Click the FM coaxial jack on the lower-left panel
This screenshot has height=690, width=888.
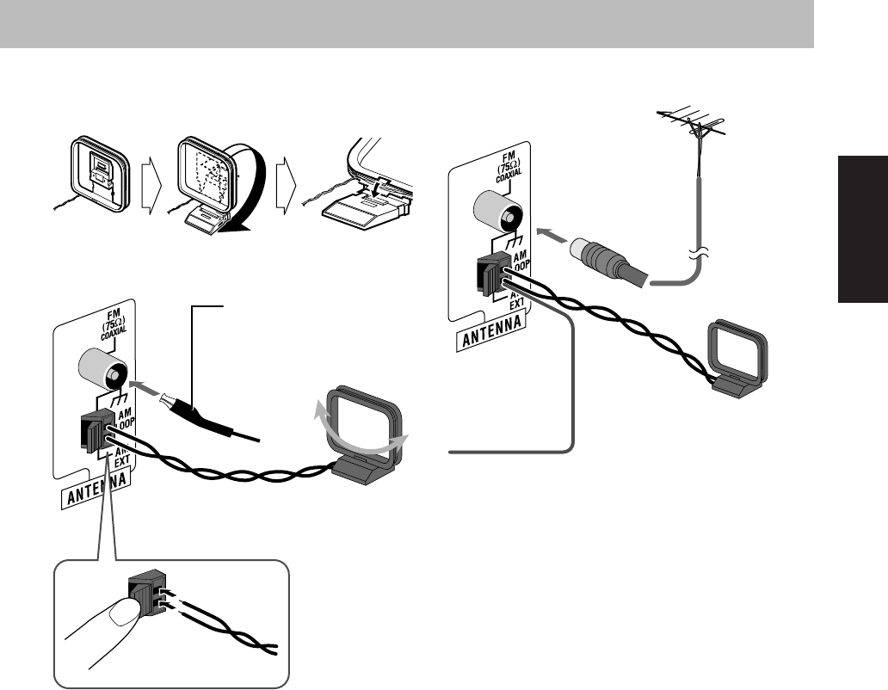103,372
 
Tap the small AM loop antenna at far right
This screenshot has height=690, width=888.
740,356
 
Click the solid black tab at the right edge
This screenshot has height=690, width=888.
862,229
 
